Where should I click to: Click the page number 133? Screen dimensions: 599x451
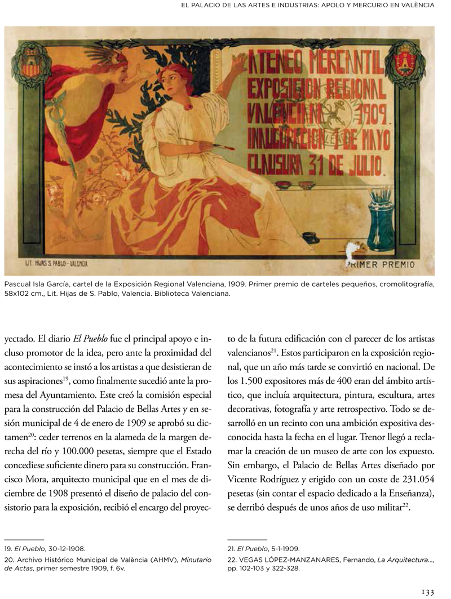(x=428, y=591)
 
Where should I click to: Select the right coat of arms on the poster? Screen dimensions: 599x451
(x=405, y=63)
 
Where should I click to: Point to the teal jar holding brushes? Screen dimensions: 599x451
(x=382, y=220)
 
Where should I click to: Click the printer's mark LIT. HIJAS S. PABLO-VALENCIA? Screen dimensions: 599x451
(x=56, y=263)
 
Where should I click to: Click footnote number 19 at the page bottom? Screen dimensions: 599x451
(x=8, y=548)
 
